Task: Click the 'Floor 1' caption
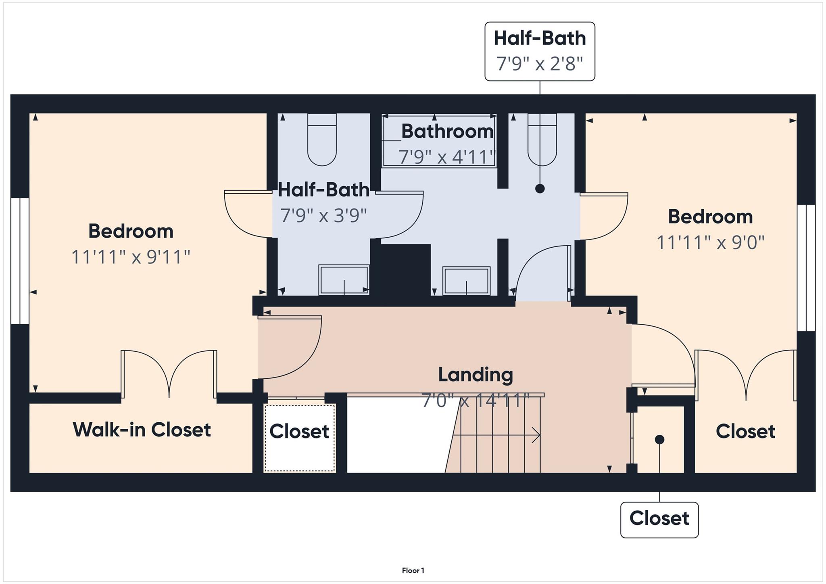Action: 413,570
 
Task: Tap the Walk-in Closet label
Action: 142,430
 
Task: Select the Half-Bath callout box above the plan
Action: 540,51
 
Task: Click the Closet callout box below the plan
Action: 659,519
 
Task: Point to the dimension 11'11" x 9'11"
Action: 131,257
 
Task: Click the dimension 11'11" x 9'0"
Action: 710,243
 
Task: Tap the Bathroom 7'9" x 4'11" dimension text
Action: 446,157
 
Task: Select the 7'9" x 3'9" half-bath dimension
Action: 323,216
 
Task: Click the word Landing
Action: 476,375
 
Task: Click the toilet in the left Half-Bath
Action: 322,139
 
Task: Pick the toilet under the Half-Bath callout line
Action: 542,139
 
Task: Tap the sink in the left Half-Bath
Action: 344,279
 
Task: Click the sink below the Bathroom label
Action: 466,281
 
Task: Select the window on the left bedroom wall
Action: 20,261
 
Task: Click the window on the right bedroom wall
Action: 806,268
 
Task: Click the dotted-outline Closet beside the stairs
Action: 300,438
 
